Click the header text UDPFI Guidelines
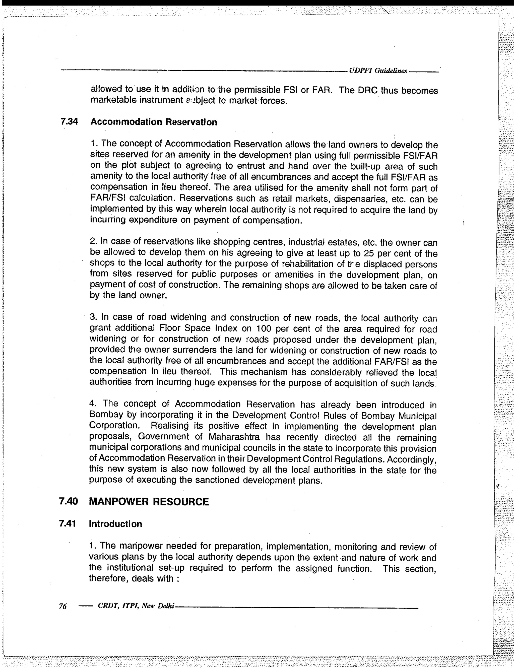[x=378, y=71]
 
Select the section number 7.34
[x=69, y=122]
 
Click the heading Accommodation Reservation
[x=154, y=122]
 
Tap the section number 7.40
[x=69, y=502]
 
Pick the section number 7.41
[x=67, y=524]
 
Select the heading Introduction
[x=115, y=524]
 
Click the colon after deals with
[x=177, y=578]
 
